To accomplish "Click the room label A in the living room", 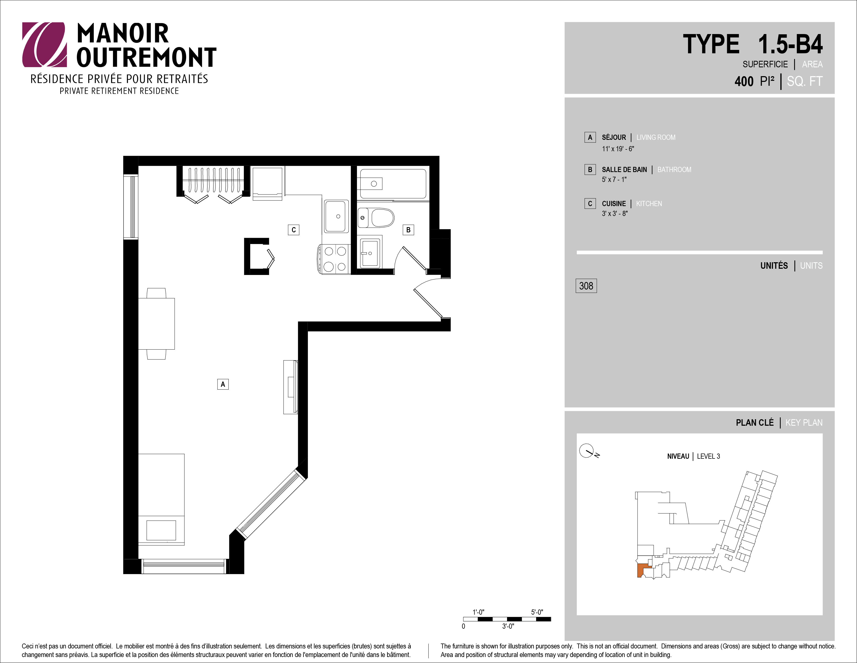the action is pyautogui.click(x=223, y=384).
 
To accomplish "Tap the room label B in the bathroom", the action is pyautogui.click(x=408, y=230).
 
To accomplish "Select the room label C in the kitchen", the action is pyautogui.click(x=294, y=230).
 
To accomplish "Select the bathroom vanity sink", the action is pyautogui.click(x=369, y=253).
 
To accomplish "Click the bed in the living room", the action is pyautogui.click(x=161, y=499).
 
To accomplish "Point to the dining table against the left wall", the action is pyautogui.click(x=156, y=324).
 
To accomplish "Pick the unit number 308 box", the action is pyautogui.click(x=586, y=286).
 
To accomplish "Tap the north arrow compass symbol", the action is pyautogui.click(x=588, y=451).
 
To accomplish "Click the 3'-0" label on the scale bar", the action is pyautogui.click(x=508, y=626).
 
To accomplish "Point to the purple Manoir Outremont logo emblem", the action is pyautogui.click(x=44, y=44).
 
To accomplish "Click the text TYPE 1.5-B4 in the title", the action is pyautogui.click(x=753, y=44).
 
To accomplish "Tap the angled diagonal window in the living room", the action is pyautogui.click(x=271, y=505).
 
